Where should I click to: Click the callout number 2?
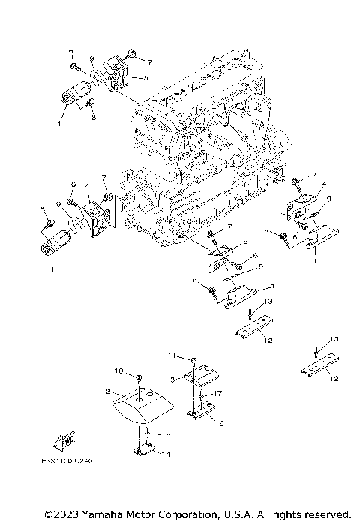coord(108,391)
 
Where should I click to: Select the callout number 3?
coord(172,381)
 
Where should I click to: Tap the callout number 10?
coord(118,370)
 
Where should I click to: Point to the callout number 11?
coord(171,354)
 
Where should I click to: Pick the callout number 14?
coord(166,454)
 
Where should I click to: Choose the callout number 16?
coord(219,423)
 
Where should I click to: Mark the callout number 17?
coord(218,393)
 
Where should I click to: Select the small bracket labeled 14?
coord(143,450)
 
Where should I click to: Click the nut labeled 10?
coord(139,374)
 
